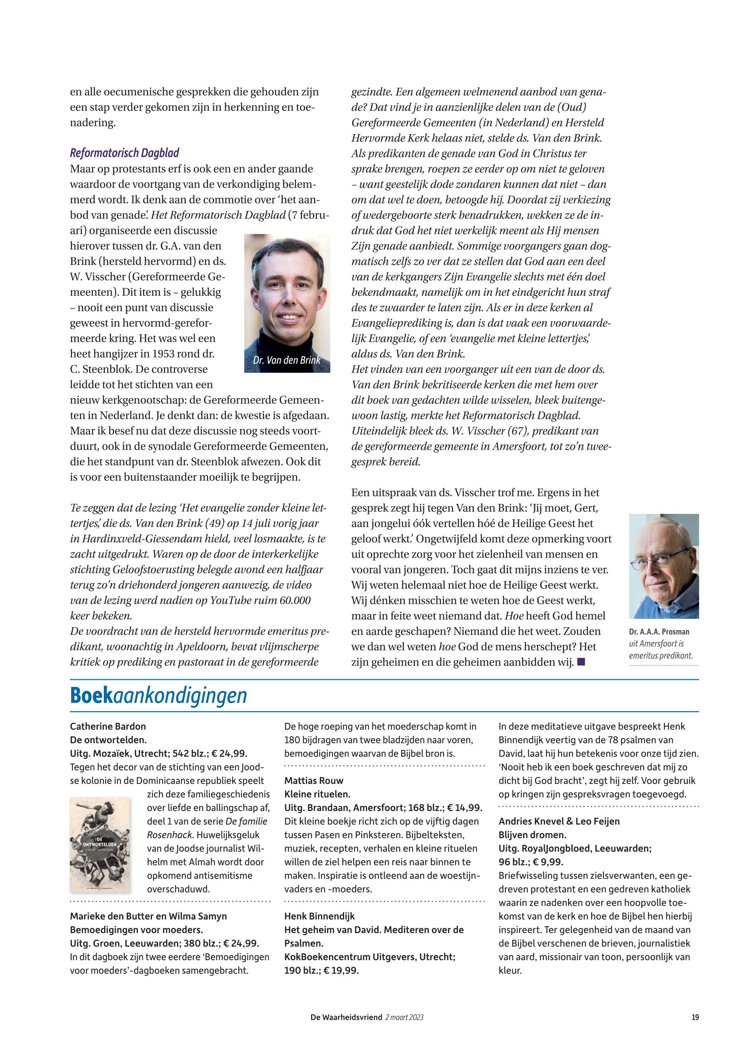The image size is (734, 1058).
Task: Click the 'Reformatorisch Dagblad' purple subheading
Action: click(124, 153)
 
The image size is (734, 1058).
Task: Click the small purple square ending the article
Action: click(581, 662)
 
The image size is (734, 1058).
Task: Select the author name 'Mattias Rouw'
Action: click(313, 780)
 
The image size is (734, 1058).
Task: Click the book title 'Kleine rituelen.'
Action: click(317, 794)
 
